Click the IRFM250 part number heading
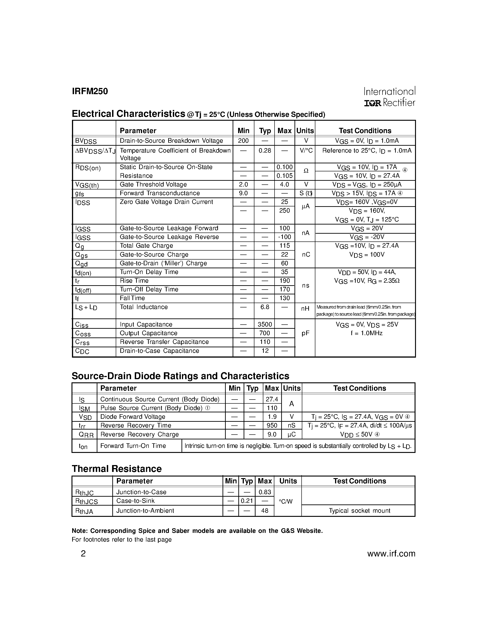coord(90,91)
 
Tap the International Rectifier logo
coord(389,97)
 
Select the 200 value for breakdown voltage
coord(243,141)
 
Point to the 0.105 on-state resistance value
coord(284,176)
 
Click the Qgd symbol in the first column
coord(81,264)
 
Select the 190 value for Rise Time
coord(284,281)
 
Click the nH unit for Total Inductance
coord(305,309)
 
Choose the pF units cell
coord(305,334)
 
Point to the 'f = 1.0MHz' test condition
coord(367,334)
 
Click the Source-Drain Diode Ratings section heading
coord(180,376)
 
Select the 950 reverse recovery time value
coord(272,425)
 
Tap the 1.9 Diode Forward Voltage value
coord(272,417)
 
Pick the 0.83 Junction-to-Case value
coord(264,492)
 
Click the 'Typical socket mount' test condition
coord(360,511)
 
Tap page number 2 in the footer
coord(83,554)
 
